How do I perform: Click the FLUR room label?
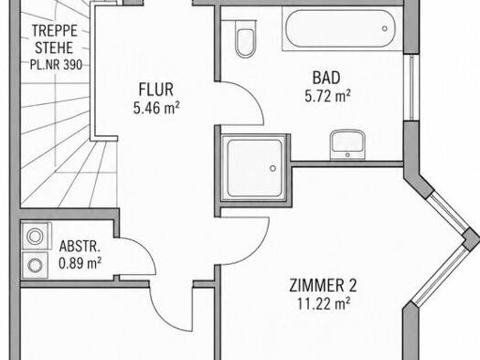155,90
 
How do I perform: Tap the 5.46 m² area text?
156,108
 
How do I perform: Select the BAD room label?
326,78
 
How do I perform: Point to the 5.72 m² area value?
327,96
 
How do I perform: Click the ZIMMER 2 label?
323,286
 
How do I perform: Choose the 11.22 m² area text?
325,304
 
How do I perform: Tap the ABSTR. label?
80,247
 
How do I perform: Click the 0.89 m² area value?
80,263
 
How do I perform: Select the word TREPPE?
55,31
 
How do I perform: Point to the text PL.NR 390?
56,65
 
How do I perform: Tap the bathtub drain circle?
385,28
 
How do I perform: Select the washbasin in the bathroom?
347,144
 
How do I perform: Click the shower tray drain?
272,168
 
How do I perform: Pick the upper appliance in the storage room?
35,236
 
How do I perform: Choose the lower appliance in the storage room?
35,265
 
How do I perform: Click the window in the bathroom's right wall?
411,88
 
